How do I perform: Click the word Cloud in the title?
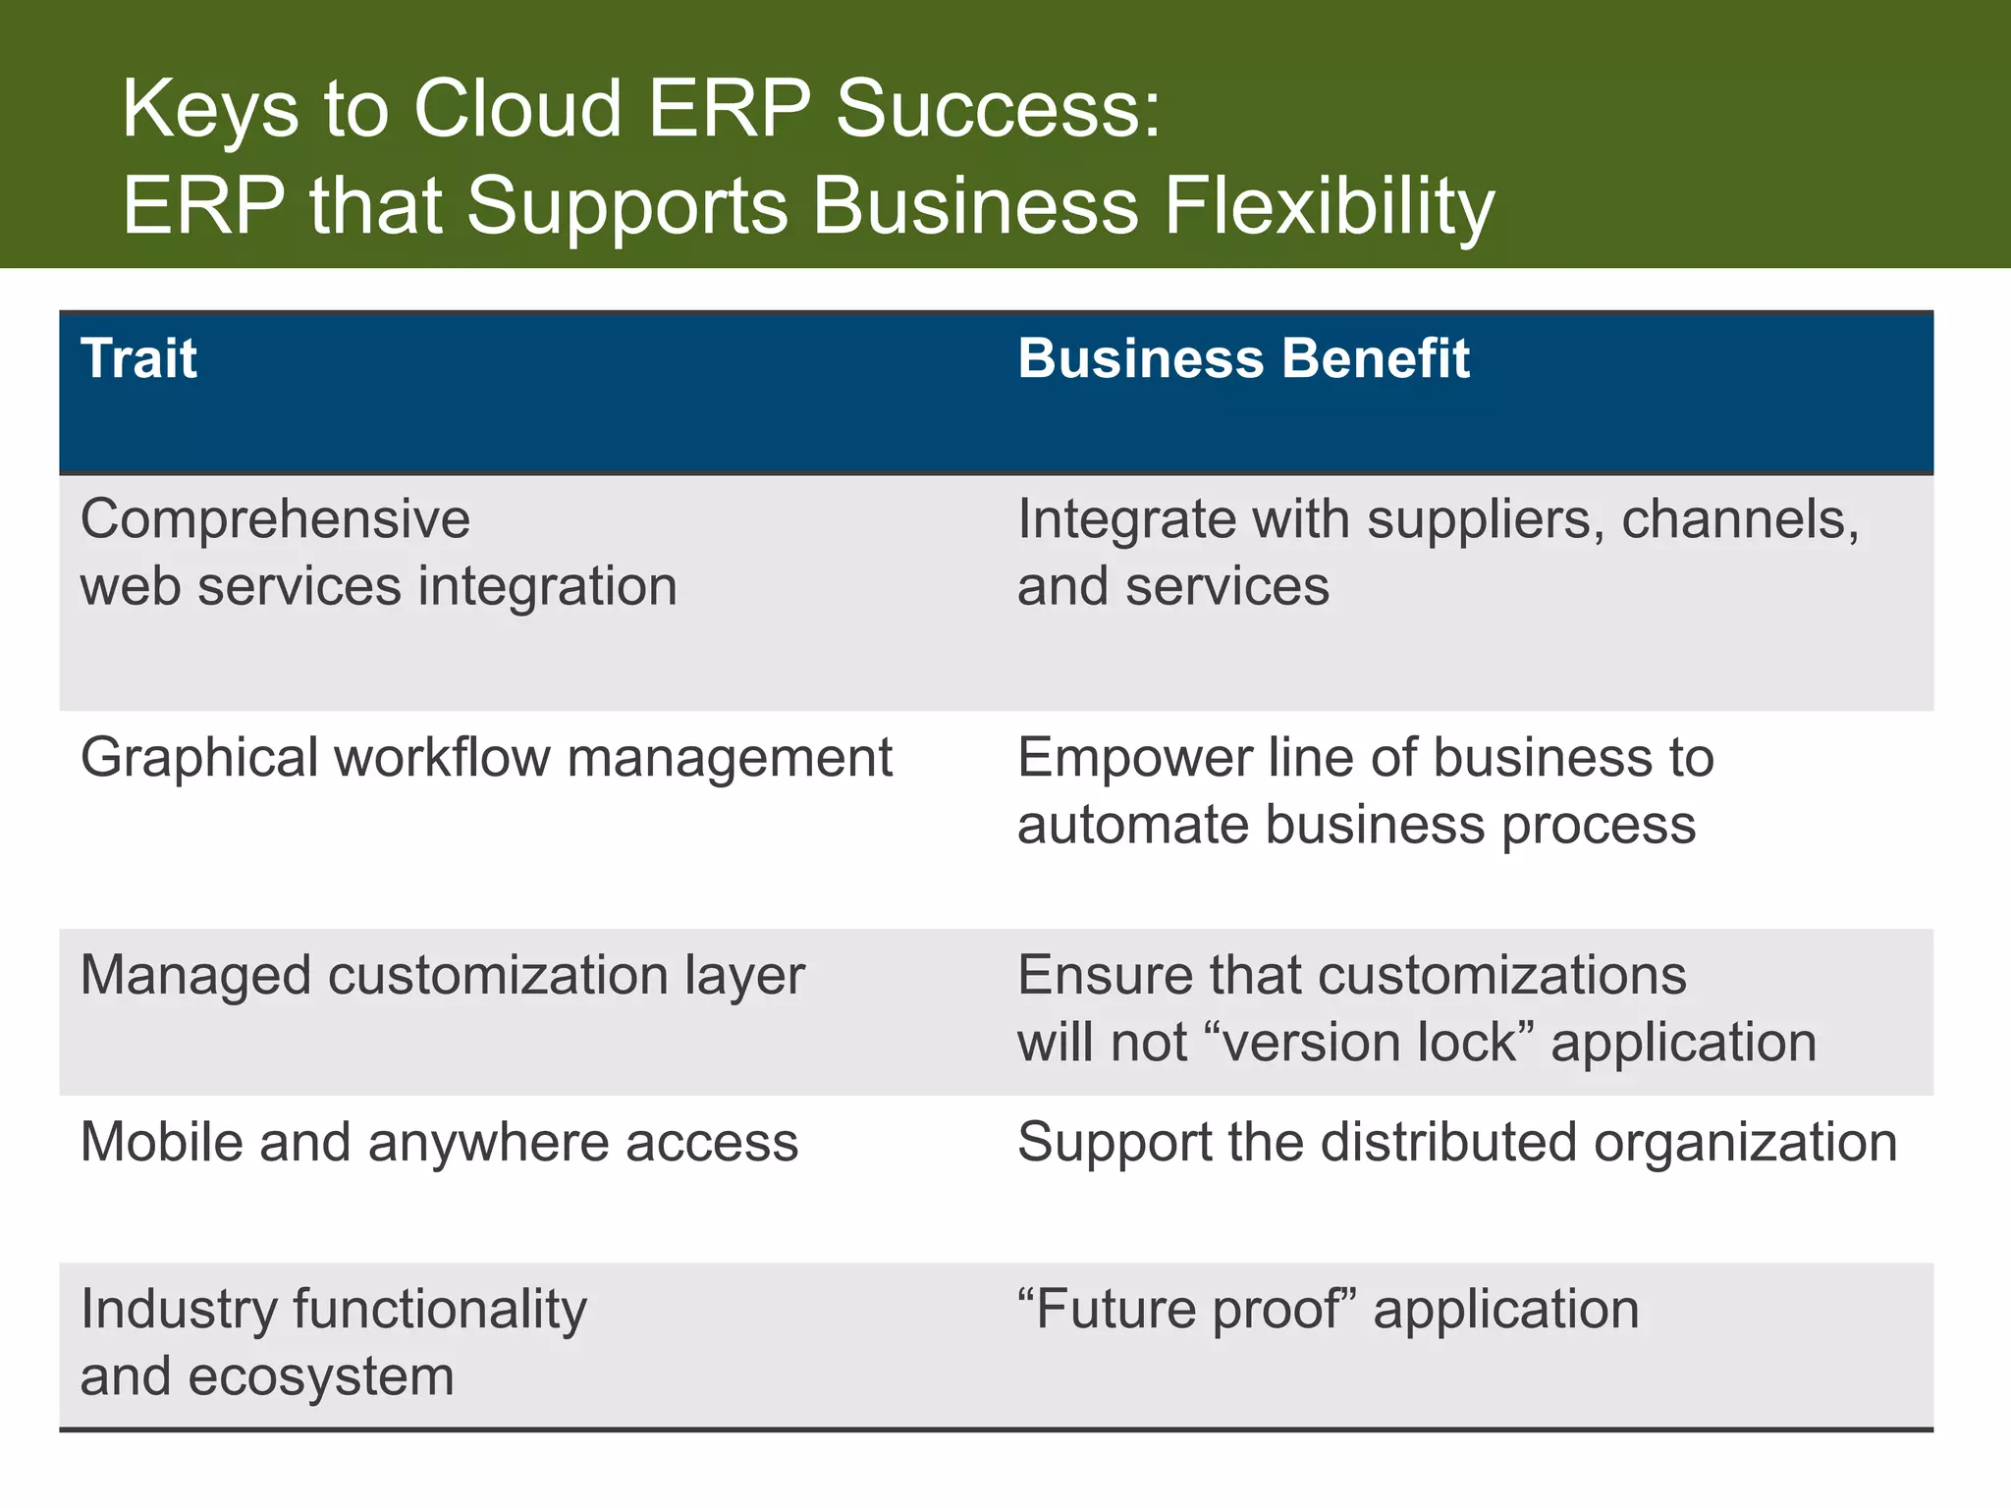[517, 108]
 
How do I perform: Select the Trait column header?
[138, 358]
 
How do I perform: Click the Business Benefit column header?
[1243, 358]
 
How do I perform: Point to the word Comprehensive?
[275, 519]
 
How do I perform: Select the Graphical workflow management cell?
[486, 758]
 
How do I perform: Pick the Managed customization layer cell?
[442, 976]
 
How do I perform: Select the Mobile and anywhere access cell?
[439, 1143]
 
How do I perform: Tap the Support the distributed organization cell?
[1456, 1143]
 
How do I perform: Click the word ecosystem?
[320, 1376]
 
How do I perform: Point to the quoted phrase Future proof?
[1186, 1310]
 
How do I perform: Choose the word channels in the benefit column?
[1739, 519]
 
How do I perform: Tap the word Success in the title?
[998, 108]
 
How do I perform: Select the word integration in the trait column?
[547, 586]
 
